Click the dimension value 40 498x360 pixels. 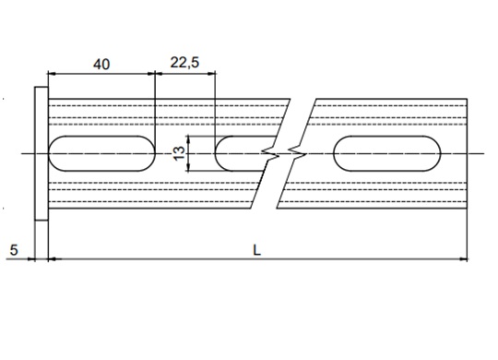coord(101,65)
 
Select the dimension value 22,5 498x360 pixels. coord(184,63)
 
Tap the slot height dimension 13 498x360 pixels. coord(180,153)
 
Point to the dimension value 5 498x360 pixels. coord(14,250)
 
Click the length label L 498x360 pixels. coord(256,250)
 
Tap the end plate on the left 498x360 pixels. coord(41,153)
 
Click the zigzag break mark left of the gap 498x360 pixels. coord(270,153)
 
